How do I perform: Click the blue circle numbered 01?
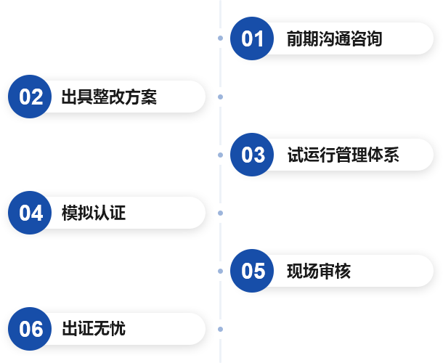253,38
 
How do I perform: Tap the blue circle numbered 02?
31,97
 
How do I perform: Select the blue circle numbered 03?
253,155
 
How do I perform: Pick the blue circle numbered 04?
31,213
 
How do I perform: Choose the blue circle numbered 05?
253,271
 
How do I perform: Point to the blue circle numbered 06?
31,329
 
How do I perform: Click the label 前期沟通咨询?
334,38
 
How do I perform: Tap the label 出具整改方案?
109,97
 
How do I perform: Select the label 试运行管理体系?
343,155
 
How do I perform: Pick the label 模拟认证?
94,213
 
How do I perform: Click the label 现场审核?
318,271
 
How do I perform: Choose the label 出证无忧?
94,329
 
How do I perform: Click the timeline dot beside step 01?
220,38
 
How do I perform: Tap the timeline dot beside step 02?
220,97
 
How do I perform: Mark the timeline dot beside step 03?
220,155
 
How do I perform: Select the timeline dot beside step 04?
220,213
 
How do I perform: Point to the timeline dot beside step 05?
220,271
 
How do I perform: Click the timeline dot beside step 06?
220,329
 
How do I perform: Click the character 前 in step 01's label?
294,38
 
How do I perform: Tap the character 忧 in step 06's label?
118,329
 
